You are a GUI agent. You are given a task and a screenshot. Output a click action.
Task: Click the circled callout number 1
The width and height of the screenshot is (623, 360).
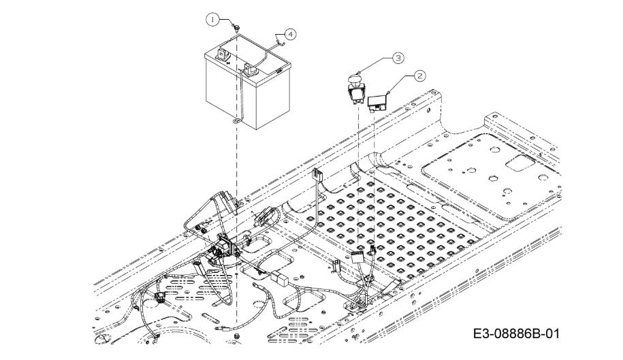213,19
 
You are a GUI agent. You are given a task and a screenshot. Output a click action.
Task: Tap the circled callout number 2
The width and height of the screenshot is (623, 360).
420,76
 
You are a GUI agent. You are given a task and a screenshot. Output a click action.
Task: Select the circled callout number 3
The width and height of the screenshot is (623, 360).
398,58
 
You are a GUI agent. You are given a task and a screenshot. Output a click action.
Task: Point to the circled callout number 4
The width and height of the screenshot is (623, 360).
291,34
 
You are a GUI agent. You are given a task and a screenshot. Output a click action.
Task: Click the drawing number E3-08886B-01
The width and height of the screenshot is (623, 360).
516,333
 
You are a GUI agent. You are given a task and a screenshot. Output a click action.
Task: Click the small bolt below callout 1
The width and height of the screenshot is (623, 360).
237,28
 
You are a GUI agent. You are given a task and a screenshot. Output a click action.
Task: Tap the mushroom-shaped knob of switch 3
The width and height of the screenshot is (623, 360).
355,78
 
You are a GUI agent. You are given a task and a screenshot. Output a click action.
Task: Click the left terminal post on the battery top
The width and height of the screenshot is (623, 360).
221,53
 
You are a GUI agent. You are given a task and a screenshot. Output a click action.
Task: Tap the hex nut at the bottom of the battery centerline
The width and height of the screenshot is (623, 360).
237,336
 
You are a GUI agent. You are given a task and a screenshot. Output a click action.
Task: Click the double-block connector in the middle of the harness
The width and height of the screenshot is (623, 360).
279,278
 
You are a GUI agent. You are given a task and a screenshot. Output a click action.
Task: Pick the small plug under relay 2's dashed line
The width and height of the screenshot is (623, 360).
372,250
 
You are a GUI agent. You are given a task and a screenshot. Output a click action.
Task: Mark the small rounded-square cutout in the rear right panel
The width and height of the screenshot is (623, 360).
521,163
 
